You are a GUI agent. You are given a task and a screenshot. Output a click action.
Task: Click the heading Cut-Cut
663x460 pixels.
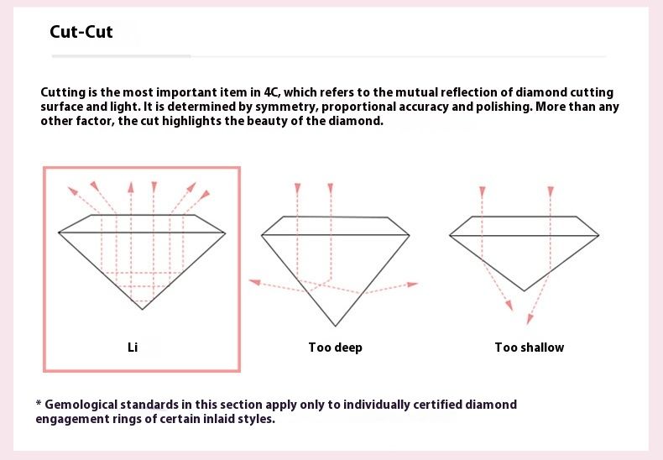(x=81, y=32)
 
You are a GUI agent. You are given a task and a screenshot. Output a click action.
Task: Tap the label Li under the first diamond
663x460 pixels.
(x=133, y=348)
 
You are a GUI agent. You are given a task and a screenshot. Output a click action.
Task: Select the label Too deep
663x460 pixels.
(x=336, y=348)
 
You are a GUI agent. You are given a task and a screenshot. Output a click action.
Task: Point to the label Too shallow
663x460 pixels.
(x=530, y=348)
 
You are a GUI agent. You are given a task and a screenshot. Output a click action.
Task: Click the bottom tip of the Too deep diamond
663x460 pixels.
(x=336, y=326)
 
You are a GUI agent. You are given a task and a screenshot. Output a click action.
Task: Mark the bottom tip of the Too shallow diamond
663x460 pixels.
(x=525, y=291)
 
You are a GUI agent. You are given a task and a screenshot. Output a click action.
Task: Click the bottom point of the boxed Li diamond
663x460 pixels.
(x=142, y=310)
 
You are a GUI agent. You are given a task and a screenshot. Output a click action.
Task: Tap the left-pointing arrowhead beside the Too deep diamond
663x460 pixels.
(x=254, y=282)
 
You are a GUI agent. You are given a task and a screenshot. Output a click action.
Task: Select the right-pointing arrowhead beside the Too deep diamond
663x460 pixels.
(x=412, y=284)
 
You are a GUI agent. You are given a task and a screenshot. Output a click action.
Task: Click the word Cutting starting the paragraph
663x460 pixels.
(x=63, y=92)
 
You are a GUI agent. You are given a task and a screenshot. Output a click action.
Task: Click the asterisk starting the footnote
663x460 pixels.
(x=39, y=403)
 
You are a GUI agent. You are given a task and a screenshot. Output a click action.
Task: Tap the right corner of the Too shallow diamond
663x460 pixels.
(x=598, y=236)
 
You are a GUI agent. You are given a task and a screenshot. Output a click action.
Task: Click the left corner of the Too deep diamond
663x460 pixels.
(x=262, y=235)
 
